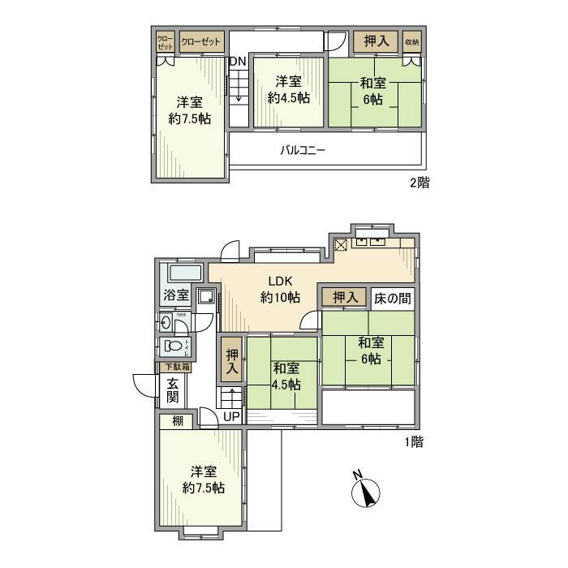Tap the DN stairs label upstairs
pyautogui.click(x=237, y=62)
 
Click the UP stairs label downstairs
pyautogui.click(x=231, y=416)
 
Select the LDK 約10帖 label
pyautogui.click(x=277, y=290)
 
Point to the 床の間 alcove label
pyautogui.click(x=392, y=299)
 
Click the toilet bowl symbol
pyautogui.click(x=174, y=346)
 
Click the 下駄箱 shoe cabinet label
pyautogui.click(x=174, y=367)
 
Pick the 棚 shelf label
pyautogui.click(x=177, y=421)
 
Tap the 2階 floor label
pyautogui.click(x=419, y=183)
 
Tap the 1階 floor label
pyautogui.click(x=412, y=442)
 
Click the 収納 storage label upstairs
pyautogui.click(x=411, y=41)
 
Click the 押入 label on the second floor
pyautogui.click(x=374, y=40)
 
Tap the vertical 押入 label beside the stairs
pyautogui.click(x=232, y=360)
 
